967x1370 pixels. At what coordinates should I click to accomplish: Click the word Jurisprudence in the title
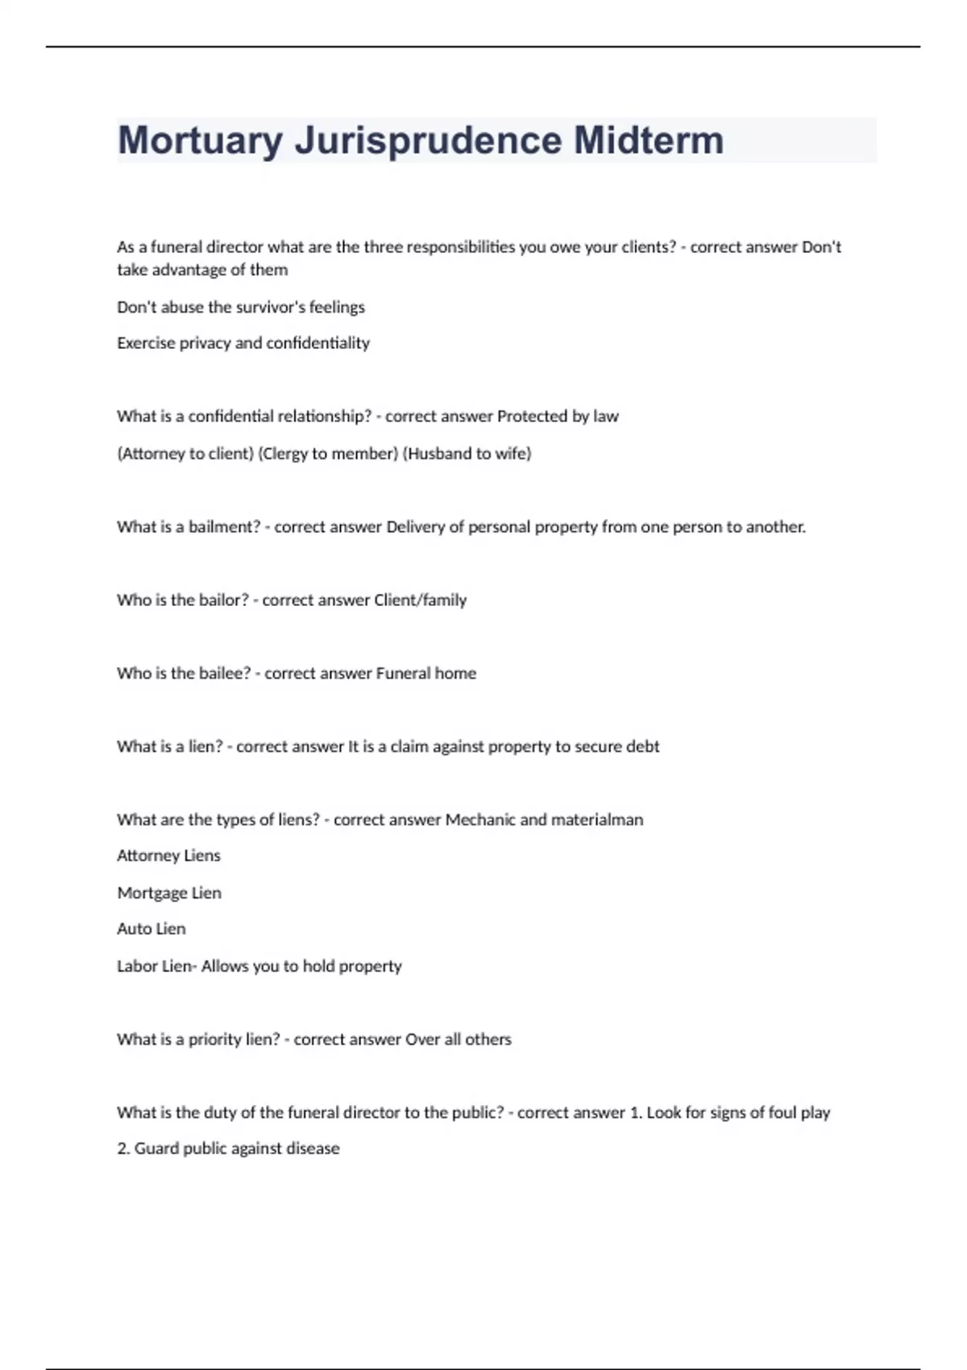click(434, 141)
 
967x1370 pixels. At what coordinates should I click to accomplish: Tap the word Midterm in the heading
click(648, 141)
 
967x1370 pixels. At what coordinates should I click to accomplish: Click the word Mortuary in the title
click(200, 141)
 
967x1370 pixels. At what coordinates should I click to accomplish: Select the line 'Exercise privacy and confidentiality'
click(243, 343)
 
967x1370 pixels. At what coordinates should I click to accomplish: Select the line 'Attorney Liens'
click(168, 856)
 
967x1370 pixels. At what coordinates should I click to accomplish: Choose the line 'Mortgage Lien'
click(169, 893)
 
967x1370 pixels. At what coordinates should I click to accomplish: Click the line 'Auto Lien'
click(151, 929)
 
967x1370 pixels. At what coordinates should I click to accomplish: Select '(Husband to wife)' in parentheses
click(467, 454)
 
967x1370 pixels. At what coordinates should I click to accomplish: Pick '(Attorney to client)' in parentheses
click(185, 454)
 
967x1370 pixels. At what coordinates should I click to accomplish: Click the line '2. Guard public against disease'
click(228, 1148)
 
